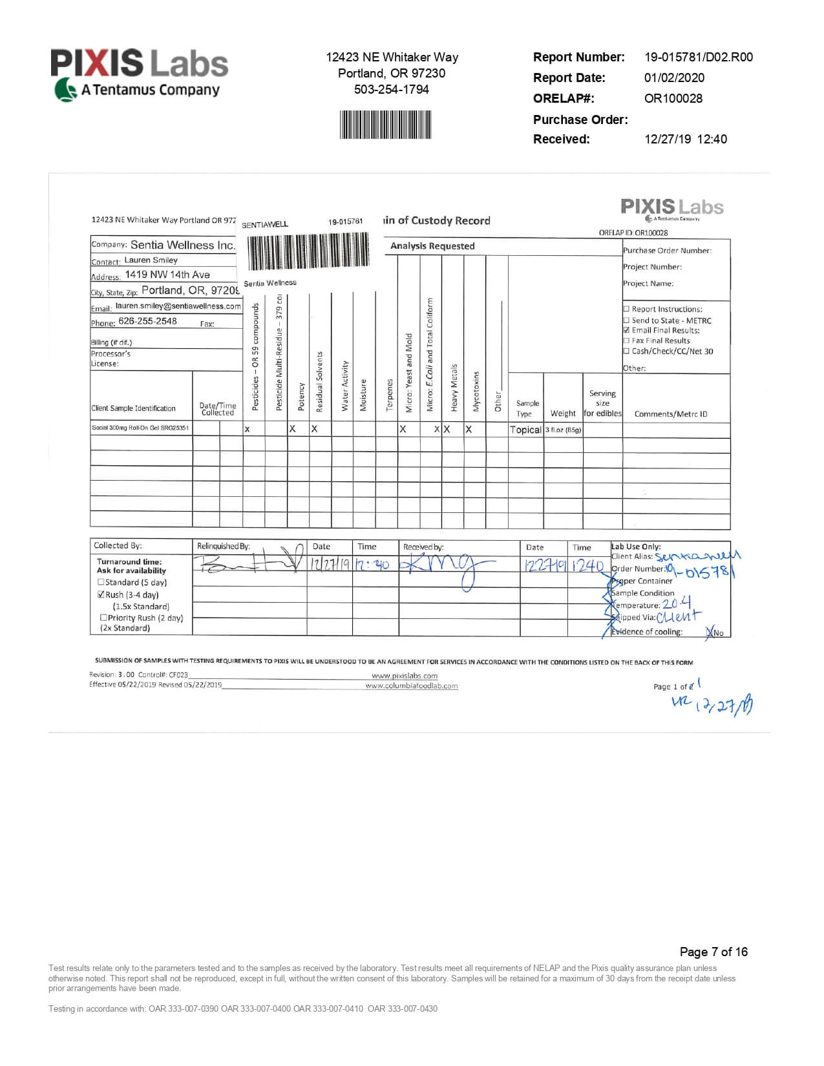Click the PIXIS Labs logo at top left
tap(140, 74)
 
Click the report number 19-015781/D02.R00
tap(698, 57)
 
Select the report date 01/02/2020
tap(674, 78)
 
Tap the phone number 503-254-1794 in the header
tap(391, 89)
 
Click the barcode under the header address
tap(386, 124)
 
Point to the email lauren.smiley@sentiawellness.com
tap(178, 306)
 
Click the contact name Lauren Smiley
tap(151, 260)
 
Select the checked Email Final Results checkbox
tap(626, 330)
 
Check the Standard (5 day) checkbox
tap(101, 582)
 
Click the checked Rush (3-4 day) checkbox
tap(101, 594)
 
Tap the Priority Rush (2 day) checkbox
tap(103, 618)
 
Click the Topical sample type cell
tap(525, 430)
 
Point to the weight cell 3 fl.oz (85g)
tap(563, 430)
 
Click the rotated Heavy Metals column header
tap(454, 388)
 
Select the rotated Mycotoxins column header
tap(476, 391)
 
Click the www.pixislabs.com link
tap(405, 676)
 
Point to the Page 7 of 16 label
tap(713, 952)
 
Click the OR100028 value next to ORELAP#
tap(673, 98)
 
